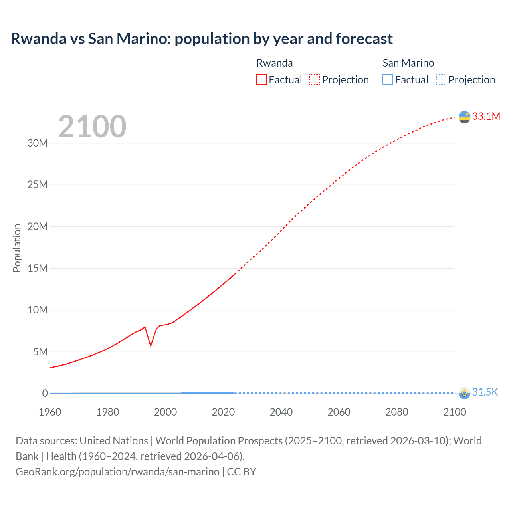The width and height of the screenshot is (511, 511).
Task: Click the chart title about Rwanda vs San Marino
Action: click(x=202, y=39)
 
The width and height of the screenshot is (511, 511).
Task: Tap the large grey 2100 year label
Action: click(x=92, y=127)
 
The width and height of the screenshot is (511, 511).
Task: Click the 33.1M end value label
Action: click(x=486, y=116)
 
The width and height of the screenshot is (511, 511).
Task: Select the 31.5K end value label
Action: click(x=485, y=392)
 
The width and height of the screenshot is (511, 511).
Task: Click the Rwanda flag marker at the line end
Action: click(x=464, y=117)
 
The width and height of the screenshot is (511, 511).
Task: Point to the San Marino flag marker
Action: click(x=464, y=393)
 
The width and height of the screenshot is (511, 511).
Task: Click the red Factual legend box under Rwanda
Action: click(x=261, y=79)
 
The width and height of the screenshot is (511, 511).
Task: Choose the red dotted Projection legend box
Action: click(x=315, y=79)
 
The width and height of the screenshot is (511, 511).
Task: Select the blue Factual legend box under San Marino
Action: click(x=388, y=79)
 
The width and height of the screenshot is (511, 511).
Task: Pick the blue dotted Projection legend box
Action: click(x=441, y=79)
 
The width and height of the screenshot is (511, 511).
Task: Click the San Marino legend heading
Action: click(x=408, y=63)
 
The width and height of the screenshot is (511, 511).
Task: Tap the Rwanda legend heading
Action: click(x=274, y=63)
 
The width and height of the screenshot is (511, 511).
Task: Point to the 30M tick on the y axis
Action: click(x=38, y=143)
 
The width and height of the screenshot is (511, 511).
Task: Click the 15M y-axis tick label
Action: click(x=38, y=268)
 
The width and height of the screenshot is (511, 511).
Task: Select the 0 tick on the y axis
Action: click(x=45, y=393)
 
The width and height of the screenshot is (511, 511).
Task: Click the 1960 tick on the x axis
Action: click(x=50, y=412)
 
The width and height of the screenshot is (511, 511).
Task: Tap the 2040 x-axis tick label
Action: click(x=281, y=412)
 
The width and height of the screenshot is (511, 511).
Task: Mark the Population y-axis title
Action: click(x=17, y=248)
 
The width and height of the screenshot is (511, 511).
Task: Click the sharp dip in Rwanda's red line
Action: click(x=151, y=345)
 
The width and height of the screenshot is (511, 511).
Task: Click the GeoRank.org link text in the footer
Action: click(x=117, y=472)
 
